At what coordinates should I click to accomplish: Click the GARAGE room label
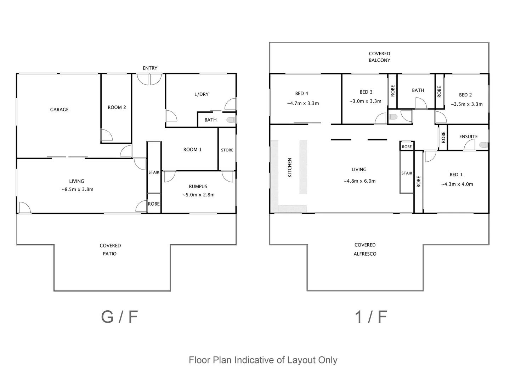pyautogui.click(x=59, y=110)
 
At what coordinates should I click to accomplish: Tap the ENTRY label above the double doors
pyautogui.click(x=150, y=68)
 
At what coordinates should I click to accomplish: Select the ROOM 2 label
pyautogui.click(x=117, y=107)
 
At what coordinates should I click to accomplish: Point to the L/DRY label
pyautogui.click(x=201, y=94)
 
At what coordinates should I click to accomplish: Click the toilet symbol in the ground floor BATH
pyautogui.click(x=231, y=120)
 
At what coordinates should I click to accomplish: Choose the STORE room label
pyautogui.click(x=227, y=150)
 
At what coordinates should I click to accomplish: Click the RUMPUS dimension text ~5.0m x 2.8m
pyautogui.click(x=198, y=195)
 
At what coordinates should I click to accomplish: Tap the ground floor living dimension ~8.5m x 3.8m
pyautogui.click(x=77, y=189)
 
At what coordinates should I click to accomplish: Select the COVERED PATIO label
pyautogui.click(x=110, y=250)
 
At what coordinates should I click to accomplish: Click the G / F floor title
pyautogui.click(x=119, y=317)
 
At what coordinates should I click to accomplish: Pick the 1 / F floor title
pyautogui.click(x=371, y=317)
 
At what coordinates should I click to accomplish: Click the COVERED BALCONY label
pyautogui.click(x=379, y=57)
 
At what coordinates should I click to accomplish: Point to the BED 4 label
pyautogui.click(x=301, y=94)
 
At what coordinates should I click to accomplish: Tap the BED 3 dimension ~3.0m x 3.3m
pyautogui.click(x=365, y=101)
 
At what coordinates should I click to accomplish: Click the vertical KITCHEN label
pyautogui.click(x=290, y=168)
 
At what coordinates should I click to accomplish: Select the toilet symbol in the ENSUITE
pyautogui.click(x=483, y=145)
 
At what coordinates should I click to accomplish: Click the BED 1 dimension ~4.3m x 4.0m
pyautogui.click(x=457, y=184)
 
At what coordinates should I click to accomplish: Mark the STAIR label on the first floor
pyautogui.click(x=407, y=173)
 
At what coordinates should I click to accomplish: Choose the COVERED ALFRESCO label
pyautogui.click(x=365, y=249)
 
